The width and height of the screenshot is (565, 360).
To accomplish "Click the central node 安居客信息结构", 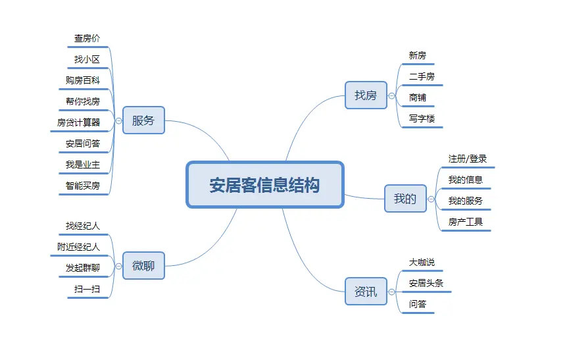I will (265, 185).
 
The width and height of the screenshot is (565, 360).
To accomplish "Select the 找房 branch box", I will (366, 95).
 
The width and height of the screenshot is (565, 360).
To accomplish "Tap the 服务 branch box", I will (143, 120).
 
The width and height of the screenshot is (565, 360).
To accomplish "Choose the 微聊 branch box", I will (143, 265).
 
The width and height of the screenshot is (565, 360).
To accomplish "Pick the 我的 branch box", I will (405, 199).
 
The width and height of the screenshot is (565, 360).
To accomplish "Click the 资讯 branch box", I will (366, 291).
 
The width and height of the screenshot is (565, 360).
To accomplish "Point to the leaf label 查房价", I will (87, 39).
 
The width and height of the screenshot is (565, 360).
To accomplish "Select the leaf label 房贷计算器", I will (79, 122).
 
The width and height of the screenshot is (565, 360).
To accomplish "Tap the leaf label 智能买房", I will (83, 186).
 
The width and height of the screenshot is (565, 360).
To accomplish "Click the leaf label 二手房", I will (422, 76).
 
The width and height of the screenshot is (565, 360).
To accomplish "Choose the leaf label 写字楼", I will (422, 118).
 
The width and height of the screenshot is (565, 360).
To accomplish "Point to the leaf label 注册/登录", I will (468, 159).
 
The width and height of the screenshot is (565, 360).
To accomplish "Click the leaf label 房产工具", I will (466, 222).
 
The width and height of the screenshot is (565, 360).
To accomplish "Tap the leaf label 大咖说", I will (422, 262).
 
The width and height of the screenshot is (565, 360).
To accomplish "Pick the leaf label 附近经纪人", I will (79, 247).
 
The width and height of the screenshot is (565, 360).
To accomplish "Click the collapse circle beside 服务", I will (118, 120).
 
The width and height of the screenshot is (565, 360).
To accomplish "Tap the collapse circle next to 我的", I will (431, 199).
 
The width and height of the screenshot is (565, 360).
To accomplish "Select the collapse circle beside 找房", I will (391, 95).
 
